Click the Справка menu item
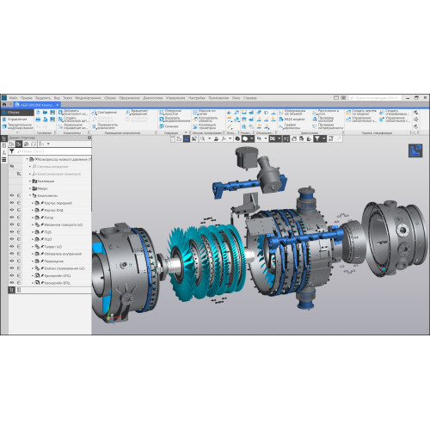250,98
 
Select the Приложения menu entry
218,98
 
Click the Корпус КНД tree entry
54,210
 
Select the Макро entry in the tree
43,188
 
